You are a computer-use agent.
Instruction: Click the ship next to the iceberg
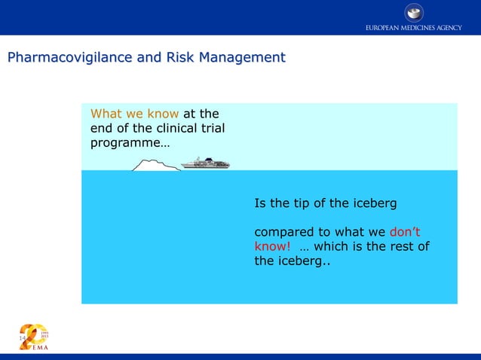205,163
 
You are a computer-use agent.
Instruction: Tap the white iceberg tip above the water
155,165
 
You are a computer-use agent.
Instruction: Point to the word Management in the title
244,57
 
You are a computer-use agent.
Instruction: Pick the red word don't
405,232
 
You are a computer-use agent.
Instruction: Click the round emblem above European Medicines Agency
414,12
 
